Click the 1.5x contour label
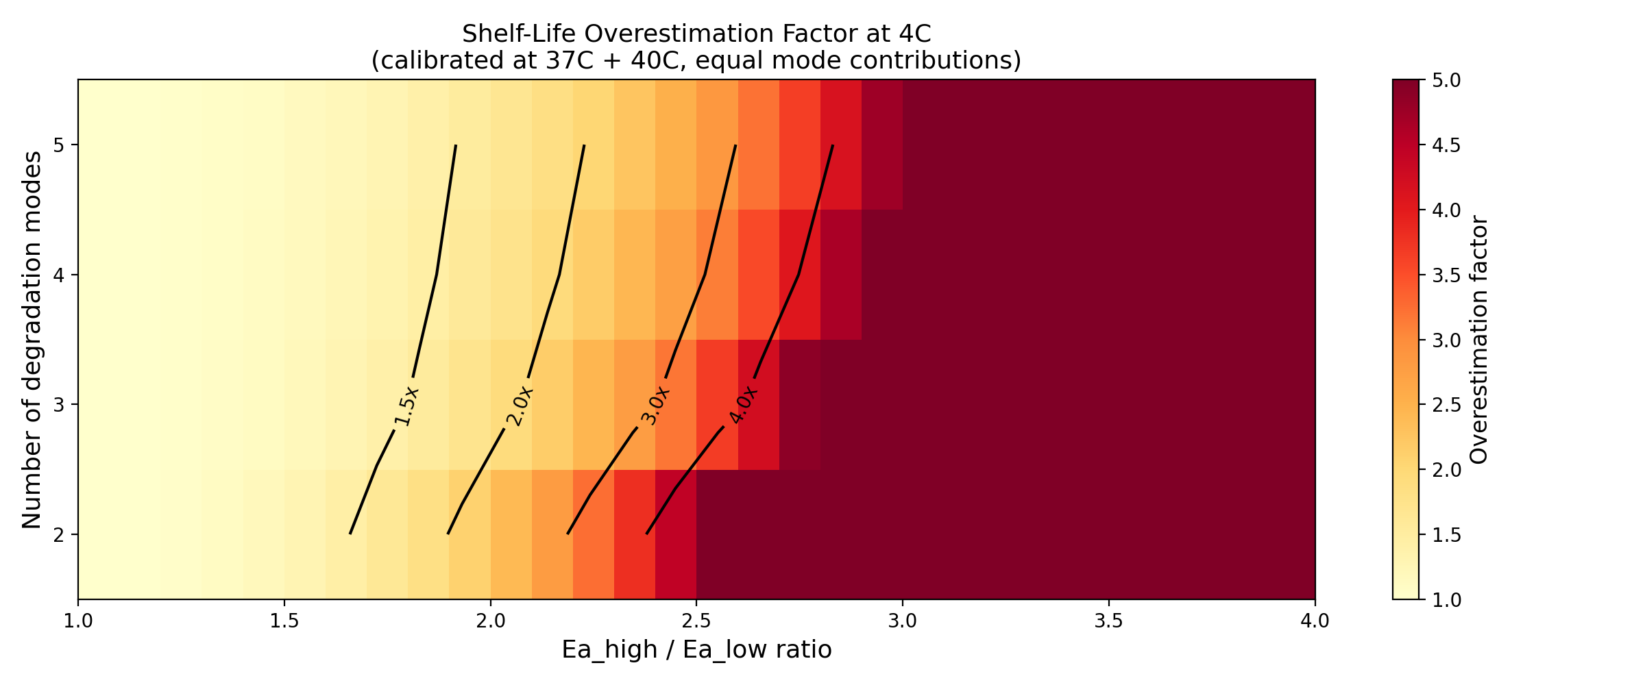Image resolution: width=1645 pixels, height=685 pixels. click(406, 406)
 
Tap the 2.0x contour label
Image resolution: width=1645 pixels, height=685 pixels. click(519, 406)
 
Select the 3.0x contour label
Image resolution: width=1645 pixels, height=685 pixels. click(655, 406)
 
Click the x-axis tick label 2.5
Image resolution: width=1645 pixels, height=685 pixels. click(696, 621)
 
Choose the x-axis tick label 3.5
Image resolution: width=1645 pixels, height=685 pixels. click(1108, 621)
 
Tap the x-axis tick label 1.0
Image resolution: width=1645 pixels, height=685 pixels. click(78, 621)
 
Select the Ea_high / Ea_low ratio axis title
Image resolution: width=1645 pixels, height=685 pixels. click(696, 649)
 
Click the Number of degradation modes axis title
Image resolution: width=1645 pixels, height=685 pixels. click(32, 340)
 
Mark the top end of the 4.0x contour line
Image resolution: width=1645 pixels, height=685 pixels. click(833, 145)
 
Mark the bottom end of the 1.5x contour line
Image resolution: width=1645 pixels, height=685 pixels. click(350, 534)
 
